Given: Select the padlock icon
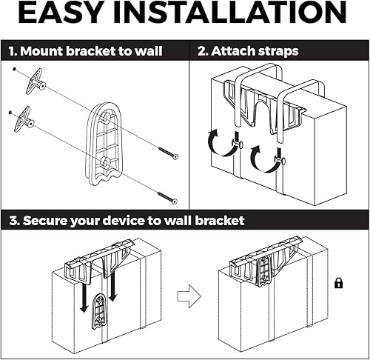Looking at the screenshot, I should pos(338,283).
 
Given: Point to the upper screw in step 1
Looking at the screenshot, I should pos(166,153).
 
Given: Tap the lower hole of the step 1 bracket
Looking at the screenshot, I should pos(106,161).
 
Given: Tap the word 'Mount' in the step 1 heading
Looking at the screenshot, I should pos(44,52).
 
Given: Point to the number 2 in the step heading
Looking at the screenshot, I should pos(202,52).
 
